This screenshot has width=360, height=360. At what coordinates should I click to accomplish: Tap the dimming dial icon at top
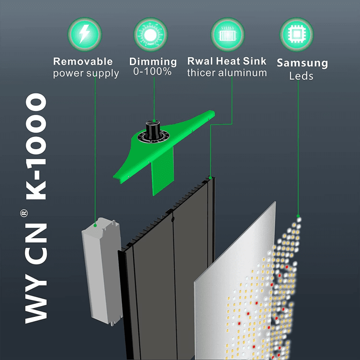point(150,34)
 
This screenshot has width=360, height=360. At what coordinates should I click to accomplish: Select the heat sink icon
point(227,34)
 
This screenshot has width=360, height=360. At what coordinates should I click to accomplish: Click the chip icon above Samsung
point(296,34)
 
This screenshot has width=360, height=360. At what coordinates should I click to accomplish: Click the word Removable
point(82,61)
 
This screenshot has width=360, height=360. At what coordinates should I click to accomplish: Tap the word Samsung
point(302,63)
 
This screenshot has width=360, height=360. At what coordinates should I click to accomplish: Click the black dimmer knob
point(152,128)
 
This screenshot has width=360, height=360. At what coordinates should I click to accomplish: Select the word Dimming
point(153,61)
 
